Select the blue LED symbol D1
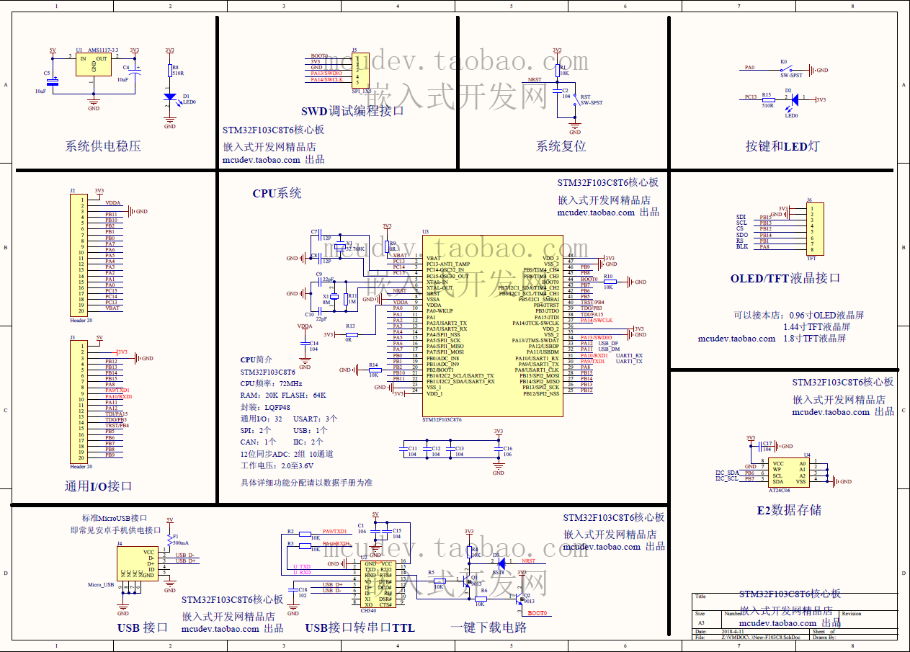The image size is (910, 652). [x=169, y=97]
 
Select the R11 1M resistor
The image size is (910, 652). [x=351, y=299]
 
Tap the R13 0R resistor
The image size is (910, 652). [x=351, y=334]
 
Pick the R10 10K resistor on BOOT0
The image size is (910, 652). [x=609, y=282]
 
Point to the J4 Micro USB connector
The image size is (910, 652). [x=137, y=563]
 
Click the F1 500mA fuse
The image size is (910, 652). [x=169, y=538]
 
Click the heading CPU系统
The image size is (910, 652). [x=277, y=193]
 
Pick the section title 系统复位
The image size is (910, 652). [x=561, y=146]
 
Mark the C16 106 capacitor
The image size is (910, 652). [x=498, y=450]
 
